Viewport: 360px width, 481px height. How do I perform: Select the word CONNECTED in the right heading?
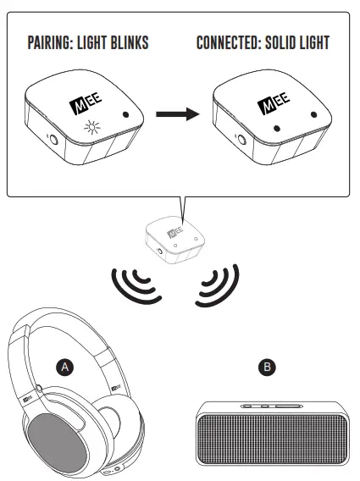[231, 42]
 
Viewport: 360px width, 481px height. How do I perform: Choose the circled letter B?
[268, 366]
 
